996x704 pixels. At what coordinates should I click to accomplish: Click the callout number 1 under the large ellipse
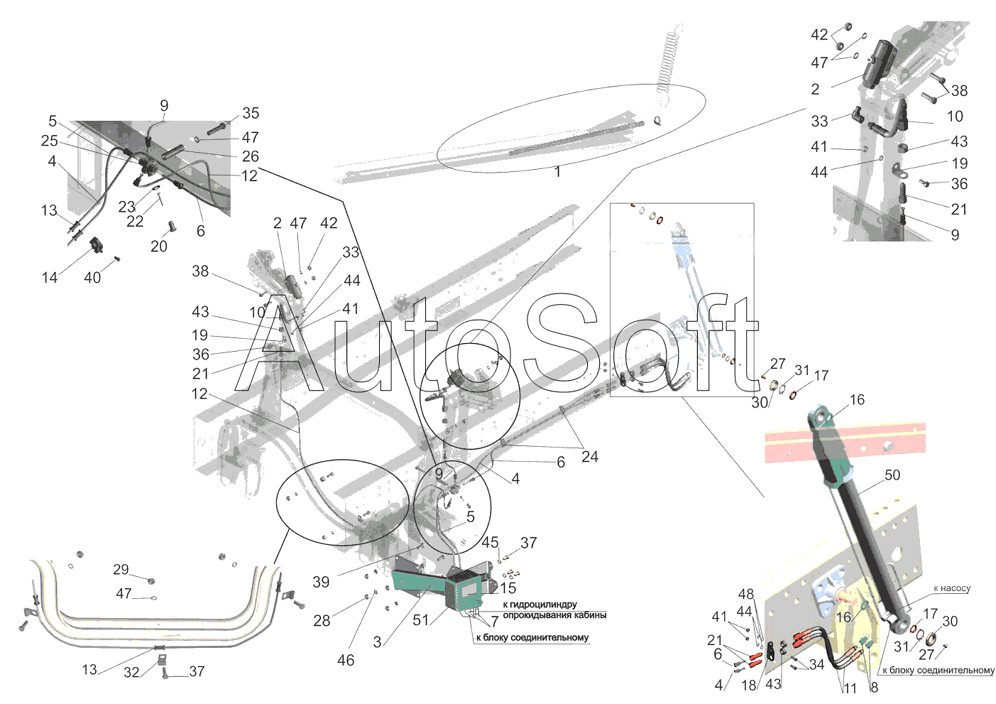point(557,171)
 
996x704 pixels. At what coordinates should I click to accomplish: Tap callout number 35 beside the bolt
point(251,113)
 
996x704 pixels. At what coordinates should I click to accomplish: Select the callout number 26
point(251,156)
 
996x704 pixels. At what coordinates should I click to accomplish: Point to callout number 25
point(50,141)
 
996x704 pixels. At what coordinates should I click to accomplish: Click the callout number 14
point(50,278)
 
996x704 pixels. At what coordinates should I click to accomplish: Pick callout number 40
point(92,278)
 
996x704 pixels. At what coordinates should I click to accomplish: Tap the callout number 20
point(159,246)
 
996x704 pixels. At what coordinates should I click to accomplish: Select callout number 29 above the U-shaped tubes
point(121,570)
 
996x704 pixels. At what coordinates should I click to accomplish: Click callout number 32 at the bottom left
point(131,673)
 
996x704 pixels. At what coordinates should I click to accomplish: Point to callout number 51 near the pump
point(421,620)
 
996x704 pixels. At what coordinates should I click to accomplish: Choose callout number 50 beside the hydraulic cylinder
point(892,475)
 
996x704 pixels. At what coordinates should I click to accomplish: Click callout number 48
point(746,594)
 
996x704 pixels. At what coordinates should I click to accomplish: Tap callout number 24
point(590,457)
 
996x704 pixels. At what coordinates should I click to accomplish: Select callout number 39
point(321,582)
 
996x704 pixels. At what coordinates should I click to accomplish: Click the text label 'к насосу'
point(951,588)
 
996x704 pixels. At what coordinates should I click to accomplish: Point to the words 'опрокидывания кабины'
point(554,615)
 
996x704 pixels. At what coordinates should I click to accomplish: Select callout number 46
point(346,661)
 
